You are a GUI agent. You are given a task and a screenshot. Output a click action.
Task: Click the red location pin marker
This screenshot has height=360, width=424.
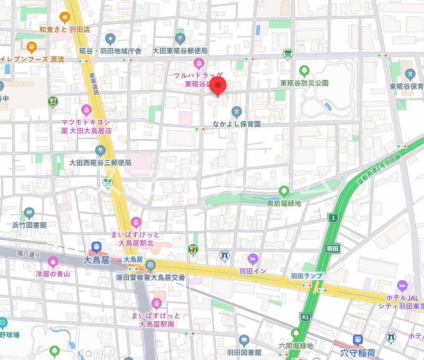tap(219, 86)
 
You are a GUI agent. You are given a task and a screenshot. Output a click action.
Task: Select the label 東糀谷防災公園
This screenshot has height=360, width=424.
tap(304, 83)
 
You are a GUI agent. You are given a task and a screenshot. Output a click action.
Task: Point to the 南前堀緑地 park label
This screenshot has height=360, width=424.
tap(284, 203)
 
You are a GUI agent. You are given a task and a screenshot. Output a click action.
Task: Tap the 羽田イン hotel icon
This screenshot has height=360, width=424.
tap(253, 258)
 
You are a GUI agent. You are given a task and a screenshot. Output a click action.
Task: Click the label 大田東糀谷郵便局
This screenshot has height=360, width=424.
tap(180, 51)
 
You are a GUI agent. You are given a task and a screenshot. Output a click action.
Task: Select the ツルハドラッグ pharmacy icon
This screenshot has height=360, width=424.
tap(199, 63)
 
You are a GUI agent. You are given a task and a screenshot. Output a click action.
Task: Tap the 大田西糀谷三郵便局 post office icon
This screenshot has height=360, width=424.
tap(101, 150)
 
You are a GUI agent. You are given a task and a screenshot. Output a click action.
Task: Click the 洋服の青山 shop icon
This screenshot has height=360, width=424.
tap(53, 261)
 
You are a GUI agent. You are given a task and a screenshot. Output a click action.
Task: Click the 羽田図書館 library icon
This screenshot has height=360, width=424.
tap(244, 340)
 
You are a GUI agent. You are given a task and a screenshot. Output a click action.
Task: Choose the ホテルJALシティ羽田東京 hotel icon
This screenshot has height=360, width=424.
tap(402, 286)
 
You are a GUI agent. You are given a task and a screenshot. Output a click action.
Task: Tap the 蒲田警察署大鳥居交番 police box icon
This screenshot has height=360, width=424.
tap(151, 266)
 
